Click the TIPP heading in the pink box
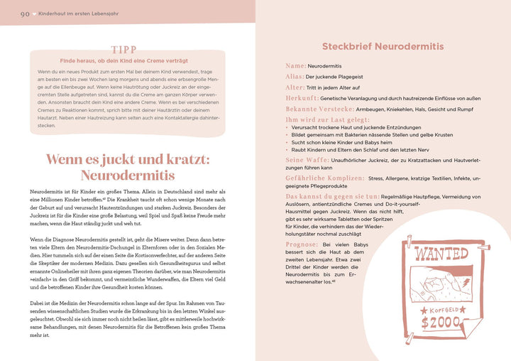tap(128, 50)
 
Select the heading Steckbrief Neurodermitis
tap(383, 46)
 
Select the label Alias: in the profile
tap(295, 76)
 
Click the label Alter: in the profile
tap(295, 87)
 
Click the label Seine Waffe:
tap(305, 160)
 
